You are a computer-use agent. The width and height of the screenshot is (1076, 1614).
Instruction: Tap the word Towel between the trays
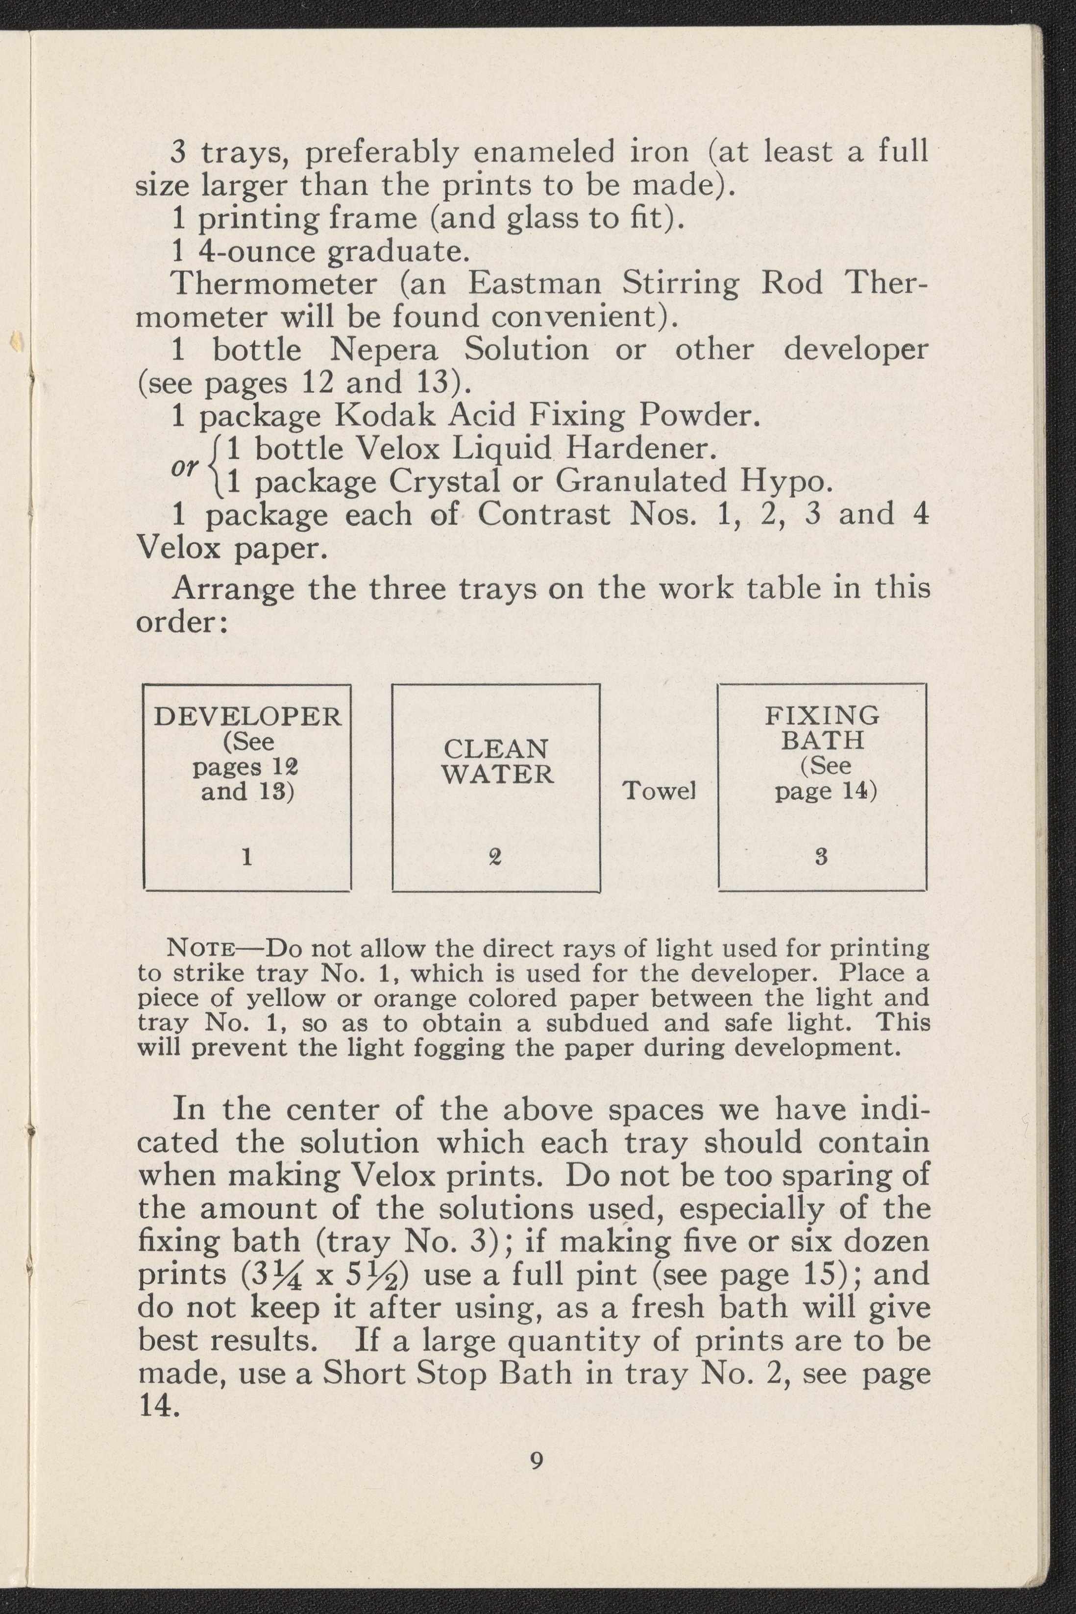(659, 791)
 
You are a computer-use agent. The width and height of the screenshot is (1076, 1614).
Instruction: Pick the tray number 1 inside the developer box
(246, 857)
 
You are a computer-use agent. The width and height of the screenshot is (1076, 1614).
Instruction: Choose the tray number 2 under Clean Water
(495, 857)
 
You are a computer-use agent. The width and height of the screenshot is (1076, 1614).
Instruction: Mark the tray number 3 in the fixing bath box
(821, 857)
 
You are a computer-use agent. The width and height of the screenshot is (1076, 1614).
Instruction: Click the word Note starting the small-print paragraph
(202, 949)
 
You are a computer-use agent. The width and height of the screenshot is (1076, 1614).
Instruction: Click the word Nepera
(384, 350)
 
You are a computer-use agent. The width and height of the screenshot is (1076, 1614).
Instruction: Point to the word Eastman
(535, 283)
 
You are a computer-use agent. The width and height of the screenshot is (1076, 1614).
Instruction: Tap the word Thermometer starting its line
(274, 283)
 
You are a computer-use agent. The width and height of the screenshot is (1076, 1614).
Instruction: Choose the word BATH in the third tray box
(822, 740)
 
